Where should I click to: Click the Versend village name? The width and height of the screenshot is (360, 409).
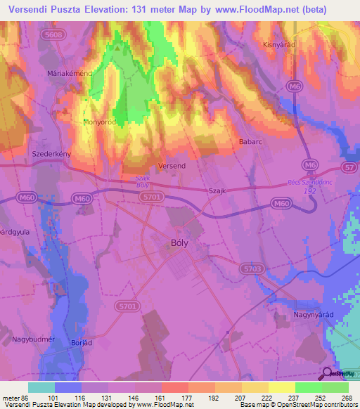[x=172, y=165]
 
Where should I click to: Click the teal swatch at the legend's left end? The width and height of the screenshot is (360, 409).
[x=41, y=387]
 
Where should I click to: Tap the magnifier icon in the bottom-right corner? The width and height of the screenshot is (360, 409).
[x=328, y=373]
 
